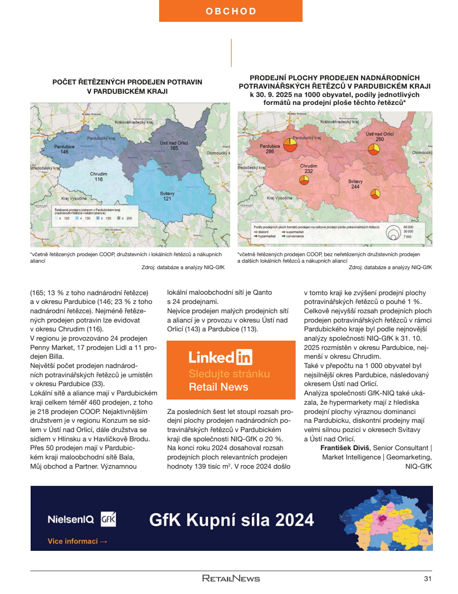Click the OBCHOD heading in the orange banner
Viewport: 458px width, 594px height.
(231, 11)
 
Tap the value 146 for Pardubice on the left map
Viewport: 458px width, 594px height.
(65, 152)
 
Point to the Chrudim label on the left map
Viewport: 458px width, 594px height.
(98, 174)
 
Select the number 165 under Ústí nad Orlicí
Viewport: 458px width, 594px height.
(174, 148)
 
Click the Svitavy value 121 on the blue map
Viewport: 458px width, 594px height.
(167, 199)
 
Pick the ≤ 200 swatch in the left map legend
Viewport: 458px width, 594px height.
(119, 218)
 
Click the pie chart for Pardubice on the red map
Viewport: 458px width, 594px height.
(290, 145)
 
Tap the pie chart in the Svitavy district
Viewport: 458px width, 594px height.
(375, 194)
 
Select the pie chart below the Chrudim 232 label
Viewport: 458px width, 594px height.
(304, 180)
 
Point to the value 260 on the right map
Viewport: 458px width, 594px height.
(380, 139)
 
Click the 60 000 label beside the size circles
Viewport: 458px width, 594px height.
(408, 227)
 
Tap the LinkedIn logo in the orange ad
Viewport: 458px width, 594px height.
(220, 357)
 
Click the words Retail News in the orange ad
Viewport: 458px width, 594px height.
(219, 387)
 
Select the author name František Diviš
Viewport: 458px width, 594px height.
(345, 448)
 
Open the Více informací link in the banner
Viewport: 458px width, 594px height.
(77, 541)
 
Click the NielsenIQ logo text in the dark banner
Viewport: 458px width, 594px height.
(71, 519)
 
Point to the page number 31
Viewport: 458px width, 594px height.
(428, 578)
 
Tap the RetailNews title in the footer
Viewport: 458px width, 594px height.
(231, 578)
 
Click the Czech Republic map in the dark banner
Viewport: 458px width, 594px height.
(385, 518)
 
